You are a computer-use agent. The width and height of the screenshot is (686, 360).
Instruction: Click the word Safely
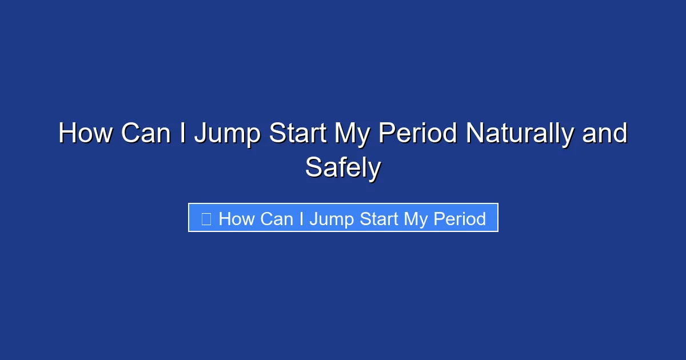[343, 168]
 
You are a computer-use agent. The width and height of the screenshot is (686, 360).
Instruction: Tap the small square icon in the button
[206, 218]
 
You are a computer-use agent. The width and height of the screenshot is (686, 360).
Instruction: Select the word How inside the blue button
[236, 218]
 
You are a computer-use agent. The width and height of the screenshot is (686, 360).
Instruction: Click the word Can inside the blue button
[276, 218]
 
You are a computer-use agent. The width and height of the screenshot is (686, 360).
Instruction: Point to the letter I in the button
[300, 218]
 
